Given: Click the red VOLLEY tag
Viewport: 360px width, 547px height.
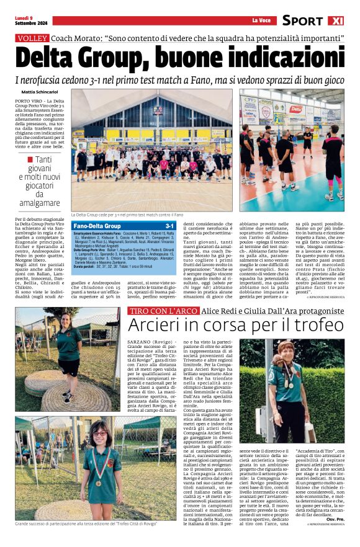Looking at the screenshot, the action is point(32,38).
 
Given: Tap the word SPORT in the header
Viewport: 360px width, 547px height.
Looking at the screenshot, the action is point(302,20).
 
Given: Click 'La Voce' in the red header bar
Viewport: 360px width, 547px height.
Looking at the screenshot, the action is point(261,22).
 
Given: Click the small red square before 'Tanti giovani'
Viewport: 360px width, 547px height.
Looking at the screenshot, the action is point(30,160).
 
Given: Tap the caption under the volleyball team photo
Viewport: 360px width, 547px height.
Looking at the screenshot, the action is point(127,215).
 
